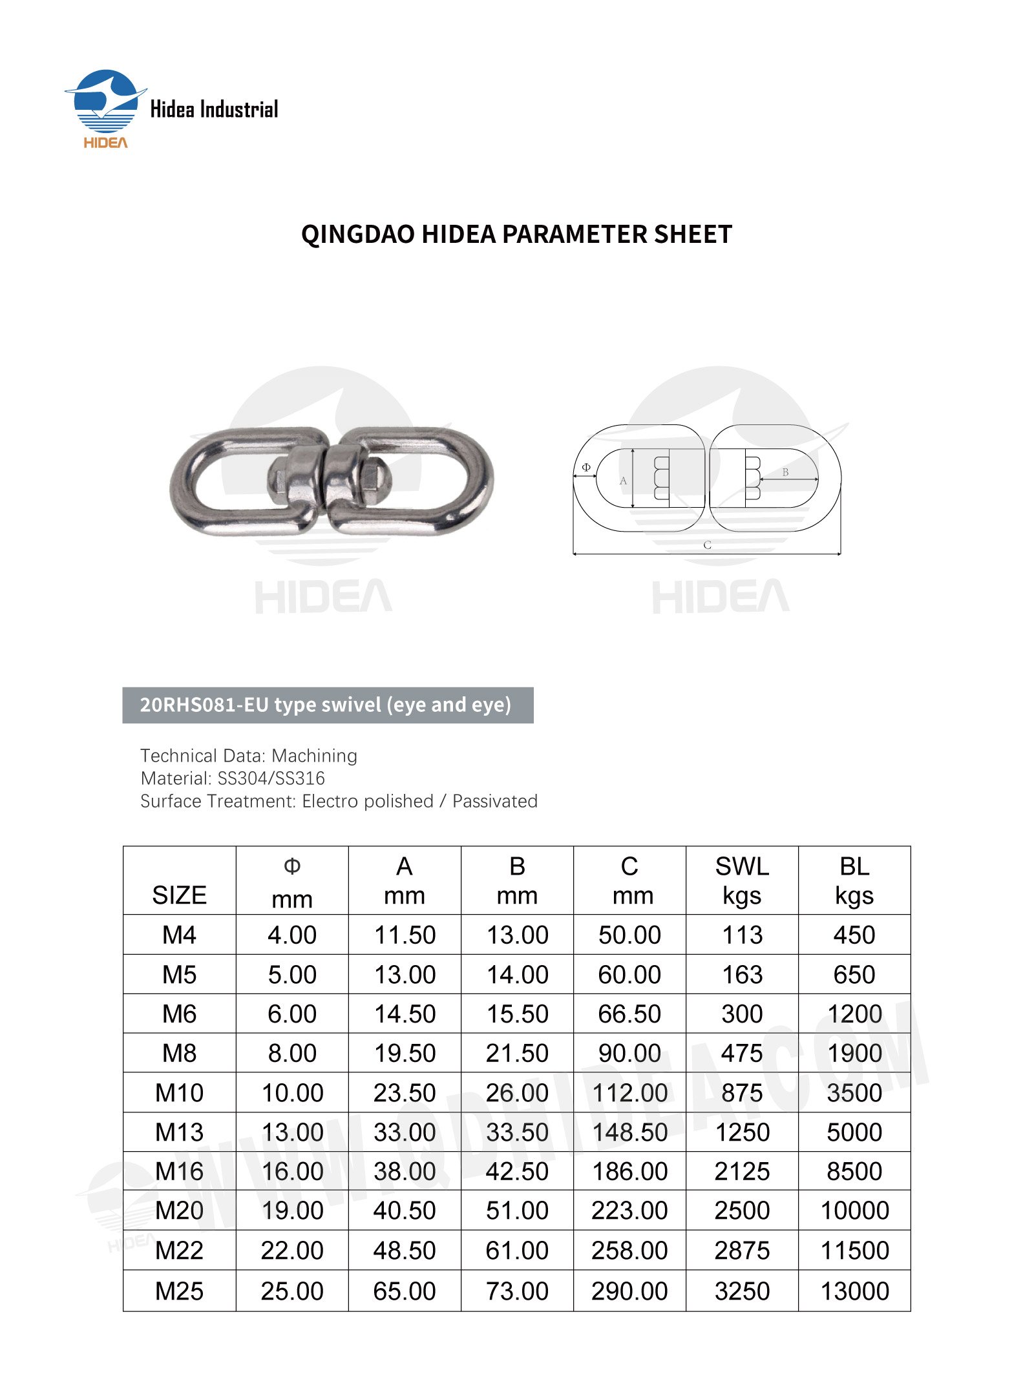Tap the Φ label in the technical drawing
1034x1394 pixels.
click(x=586, y=467)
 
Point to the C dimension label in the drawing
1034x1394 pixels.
click(x=707, y=545)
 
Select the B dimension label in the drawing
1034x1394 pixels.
click(x=785, y=472)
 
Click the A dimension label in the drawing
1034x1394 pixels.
click(x=623, y=481)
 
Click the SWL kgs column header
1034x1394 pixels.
click(x=742, y=880)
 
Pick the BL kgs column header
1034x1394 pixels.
click(x=854, y=880)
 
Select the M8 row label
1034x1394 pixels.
click(x=179, y=1054)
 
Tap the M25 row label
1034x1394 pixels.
click(x=179, y=1291)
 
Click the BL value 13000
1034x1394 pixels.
click(x=854, y=1291)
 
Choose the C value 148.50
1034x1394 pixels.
click(x=630, y=1132)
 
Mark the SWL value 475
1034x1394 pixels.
click(x=742, y=1054)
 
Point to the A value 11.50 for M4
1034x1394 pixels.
click(x=405, y=935)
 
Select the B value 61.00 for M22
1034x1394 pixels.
click(x=517, y=1251)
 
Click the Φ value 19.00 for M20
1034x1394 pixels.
click(x=292, y=1211)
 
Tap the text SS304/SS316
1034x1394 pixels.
click(x=271, y=778)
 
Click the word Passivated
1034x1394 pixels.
click(x=494, y=801)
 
